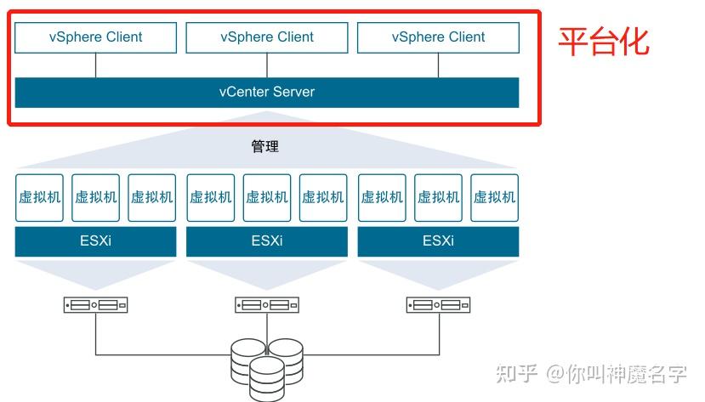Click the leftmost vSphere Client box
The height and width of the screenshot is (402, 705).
(x=95, y=37)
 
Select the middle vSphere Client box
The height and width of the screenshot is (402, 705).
(x=267, y=37)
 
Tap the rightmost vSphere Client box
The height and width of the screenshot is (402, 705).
(x=438, y=37)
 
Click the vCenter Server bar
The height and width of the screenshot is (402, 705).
(x=267, y=92)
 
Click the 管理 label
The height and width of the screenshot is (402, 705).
(x=265, y=146)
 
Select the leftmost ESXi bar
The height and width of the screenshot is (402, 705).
(x=95, y=241)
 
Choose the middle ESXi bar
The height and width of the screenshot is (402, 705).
(x=267, y=241)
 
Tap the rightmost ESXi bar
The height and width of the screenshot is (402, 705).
(x=438, y=241)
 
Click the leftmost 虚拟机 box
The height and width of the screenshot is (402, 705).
(x=39, y=197)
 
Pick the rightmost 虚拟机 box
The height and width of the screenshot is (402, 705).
(x=494, y=197)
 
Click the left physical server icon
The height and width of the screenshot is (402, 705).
(x=95, y=304)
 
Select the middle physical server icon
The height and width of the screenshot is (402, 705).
(x=267, y=304)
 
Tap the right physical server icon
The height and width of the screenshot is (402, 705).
(x=438, y=304)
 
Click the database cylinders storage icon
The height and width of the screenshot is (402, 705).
(x=267, y=366)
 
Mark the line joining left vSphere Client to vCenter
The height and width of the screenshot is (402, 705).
(x=95, y=65)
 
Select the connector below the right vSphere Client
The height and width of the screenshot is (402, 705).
(x=438, y=65)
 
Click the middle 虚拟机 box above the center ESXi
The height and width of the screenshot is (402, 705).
(x=267, y=197)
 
